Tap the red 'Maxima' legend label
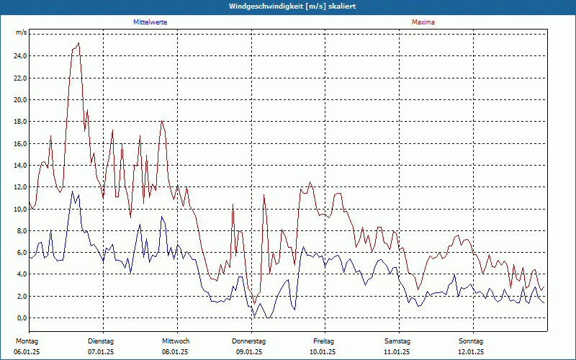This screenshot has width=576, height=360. pyautogui.click(x=423, y=22)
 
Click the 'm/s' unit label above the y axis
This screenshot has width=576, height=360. pyautogui.click(x=22, y=33)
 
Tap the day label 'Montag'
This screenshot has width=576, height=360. pyautogui.click(x=27, y=341)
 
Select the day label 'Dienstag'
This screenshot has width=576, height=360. pyautogui.click(x=101, y=341)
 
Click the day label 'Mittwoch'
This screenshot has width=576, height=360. pyautogui.click(x=176, y=341)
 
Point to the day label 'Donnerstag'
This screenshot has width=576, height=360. pyautogui.click(x=249, y=341)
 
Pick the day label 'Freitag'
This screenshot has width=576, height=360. pyautogui.click(x=324, y=341)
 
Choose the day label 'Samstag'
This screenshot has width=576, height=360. pyautogui.click(x=397, y=341)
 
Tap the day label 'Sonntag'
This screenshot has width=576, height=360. pyautogui.click(x=471, y=341)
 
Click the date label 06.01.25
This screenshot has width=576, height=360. pyautogui.click(x=27, y=352)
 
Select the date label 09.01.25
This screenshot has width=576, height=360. pyautogui.click(x=249, y=352)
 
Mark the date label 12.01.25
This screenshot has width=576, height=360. pyautogui.click(x=471, y=352)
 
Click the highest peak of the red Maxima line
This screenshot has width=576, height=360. pyautogui.click(x=78, y=43)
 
